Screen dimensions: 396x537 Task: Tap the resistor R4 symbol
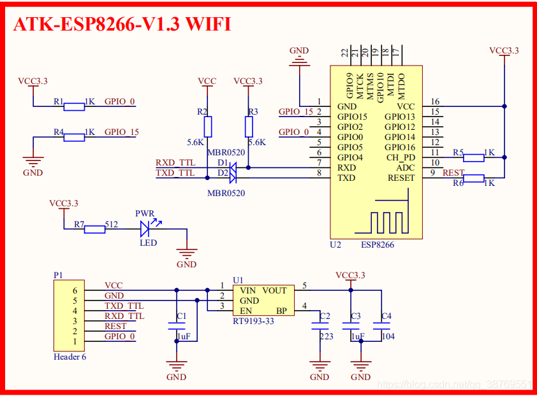coord(74,137)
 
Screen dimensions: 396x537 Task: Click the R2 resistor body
coord(207,125)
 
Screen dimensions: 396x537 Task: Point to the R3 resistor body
coord(248,125)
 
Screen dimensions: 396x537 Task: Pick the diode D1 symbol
coord(233,167)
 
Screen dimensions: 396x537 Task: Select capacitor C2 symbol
coord(320,326)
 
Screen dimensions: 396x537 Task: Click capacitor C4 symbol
coord(381,326)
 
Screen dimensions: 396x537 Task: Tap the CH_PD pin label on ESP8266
coord(401,157)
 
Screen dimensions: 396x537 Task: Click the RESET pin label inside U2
coord(401,178)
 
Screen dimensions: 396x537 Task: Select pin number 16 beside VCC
coord(435,102)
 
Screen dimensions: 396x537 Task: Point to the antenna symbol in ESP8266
coord(388,217)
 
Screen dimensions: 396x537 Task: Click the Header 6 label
coord(70,357)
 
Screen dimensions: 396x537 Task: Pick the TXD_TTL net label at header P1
coord(124,306)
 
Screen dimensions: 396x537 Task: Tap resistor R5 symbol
coord(473,157)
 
